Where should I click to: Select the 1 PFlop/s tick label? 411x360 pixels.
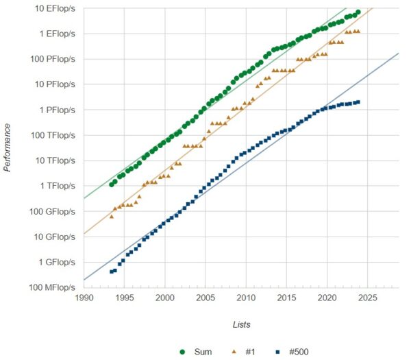pos(55,110)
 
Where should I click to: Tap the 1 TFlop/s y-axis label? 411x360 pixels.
pos(55,186)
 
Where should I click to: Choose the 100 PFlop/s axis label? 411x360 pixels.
pos(51,59)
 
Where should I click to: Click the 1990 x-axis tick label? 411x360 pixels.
pos(84,298)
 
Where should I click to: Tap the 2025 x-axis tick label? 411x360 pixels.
pos(368,298)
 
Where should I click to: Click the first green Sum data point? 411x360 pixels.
pos(111,184)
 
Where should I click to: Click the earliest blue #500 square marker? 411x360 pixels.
pos(111,272)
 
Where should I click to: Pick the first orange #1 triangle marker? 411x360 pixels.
pos(111,216)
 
